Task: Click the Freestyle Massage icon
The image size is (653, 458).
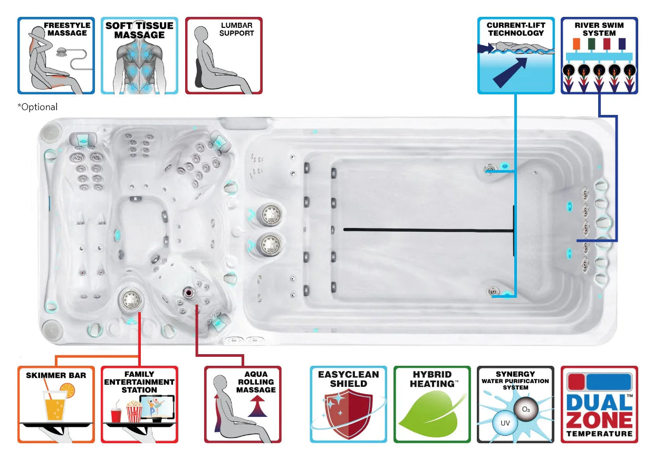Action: click(x=56, y=55)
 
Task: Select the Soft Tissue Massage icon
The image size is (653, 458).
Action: click(x=139, y=55)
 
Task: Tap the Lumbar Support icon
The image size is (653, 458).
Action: click(x=224, y=55)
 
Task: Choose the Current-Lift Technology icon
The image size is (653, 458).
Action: click(x=515, y=55)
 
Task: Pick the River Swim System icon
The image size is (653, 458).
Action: click(x=599, y=55)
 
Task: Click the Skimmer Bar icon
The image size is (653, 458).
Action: click(x=56, y=404)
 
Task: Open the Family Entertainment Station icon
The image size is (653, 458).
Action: click(x=139, y=404)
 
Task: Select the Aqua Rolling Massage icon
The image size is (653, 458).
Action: click(x=243, y=404)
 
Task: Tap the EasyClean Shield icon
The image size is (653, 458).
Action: click(x=348, y=404)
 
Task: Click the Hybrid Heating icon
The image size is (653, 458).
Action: click(x=432, y=404)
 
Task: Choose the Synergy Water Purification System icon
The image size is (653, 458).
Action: click(x=515, y=404)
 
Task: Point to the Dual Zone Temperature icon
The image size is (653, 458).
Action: click(x=599, y=404)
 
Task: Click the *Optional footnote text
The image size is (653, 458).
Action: click(x=37, y=107)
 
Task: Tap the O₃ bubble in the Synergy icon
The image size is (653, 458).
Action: click(x=526, y=410)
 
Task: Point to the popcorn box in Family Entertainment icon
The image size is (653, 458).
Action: click(x=134, y=412)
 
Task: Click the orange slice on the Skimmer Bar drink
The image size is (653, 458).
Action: click(x=67, y=391)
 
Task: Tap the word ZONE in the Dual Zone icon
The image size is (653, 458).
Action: click(x=599, y=420)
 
